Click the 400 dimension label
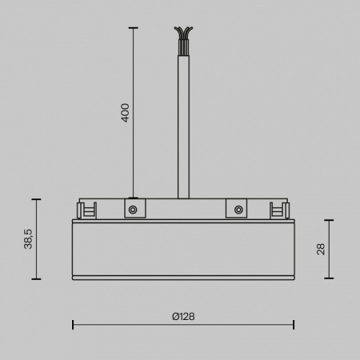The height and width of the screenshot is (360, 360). pyautogui.click(x=125, y=112)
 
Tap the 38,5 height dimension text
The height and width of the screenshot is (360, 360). pyautogui.click(x=28, y=238)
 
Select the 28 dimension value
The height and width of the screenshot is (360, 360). pyautogui.click(x=321, y=249)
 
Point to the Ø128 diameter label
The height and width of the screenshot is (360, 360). pyautogui.click(x=183, y=316)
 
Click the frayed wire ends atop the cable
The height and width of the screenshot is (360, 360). pyautogui.click(x=183, y=35)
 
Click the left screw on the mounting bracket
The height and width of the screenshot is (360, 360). pyautogui.click(x=133, y=210)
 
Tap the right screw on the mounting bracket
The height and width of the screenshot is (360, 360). pyautogui.click(x=238, y=210)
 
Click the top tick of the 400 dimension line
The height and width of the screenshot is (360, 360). pyautogui.click(x=133, y=27)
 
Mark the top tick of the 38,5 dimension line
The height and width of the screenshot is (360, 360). pyautogui.click(x=36, y=198)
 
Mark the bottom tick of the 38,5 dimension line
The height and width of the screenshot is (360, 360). pyautogui.click(x=36, y=279)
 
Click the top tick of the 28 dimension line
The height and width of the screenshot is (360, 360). pyautogui.click(x=330, y=219)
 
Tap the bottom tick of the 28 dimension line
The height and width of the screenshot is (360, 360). pyautogui.click(x=330, y=279)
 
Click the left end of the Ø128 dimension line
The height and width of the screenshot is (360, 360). pyautogui.click(x=73, y=324)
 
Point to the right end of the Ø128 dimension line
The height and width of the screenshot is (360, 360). pyautogui.click(x=294, y=324)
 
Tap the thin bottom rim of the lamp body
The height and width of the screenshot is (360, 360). pyautogui.click(x=183, y=278)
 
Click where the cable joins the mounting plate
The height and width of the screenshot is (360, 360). pyautogui.click(x=183, y=198)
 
